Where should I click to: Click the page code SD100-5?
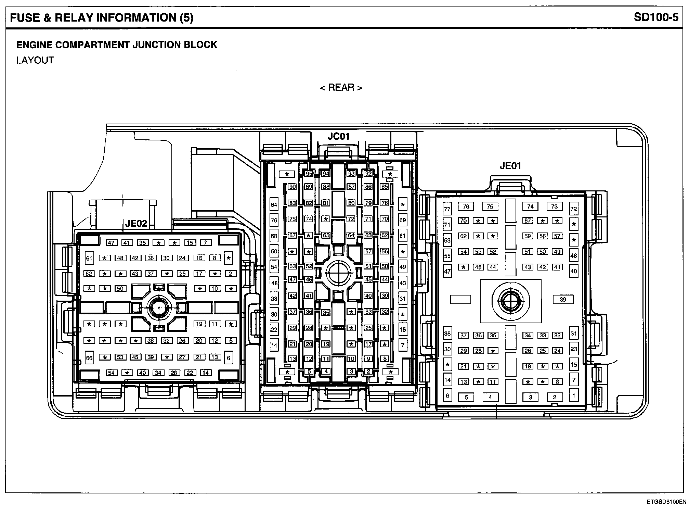(656, 17)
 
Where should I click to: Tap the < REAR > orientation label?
(341, 88)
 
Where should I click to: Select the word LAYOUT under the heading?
(35, 60)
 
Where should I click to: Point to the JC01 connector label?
(338, 136)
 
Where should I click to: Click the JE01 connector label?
(510, 166)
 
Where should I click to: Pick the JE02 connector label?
(136, 224)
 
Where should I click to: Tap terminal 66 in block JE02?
(89, 358)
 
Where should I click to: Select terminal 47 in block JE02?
(111, 243)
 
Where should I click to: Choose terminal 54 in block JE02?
(111, 373)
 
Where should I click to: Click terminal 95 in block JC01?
(309, 174)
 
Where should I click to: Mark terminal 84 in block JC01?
(274, 205)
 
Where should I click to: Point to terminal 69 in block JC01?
(403, 220)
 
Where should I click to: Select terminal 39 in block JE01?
(563, 300)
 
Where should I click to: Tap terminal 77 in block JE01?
(447, 209)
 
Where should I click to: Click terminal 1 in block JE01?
(574, 395)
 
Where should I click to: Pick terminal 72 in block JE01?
(574, 209)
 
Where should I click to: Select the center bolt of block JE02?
(159, 308)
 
